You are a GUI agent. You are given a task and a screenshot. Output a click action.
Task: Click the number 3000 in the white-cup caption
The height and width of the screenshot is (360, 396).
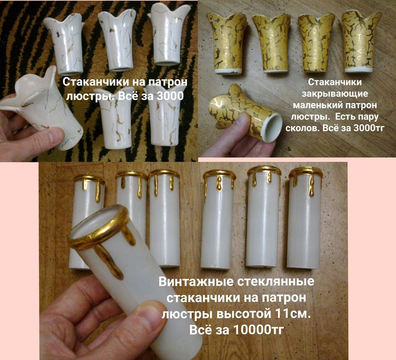click(169, 96)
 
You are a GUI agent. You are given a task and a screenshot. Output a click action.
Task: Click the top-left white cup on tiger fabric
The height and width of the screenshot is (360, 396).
click(64, 44)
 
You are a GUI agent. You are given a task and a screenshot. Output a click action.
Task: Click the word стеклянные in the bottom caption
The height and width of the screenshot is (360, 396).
click(279, 282)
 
